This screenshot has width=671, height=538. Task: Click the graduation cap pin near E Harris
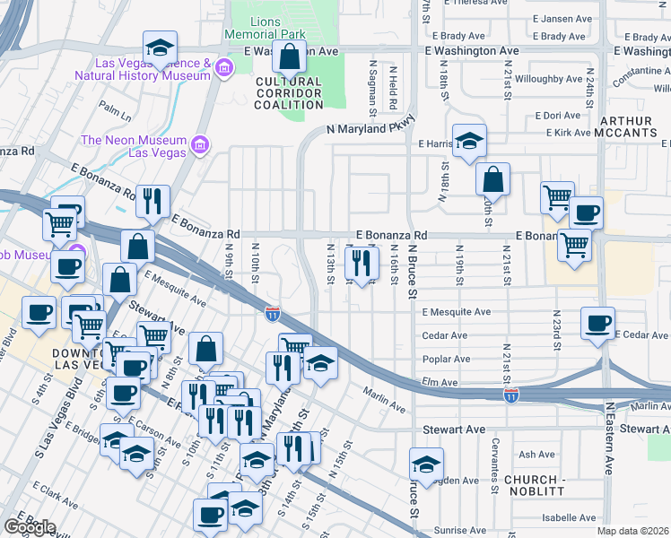tap(469, 142)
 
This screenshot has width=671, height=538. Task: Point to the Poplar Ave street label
tap(446, 359)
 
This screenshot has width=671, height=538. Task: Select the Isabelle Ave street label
tap(570, 517)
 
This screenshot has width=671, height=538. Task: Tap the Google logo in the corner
tap(29, 526)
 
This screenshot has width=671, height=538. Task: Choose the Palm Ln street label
tap(115, 111)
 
